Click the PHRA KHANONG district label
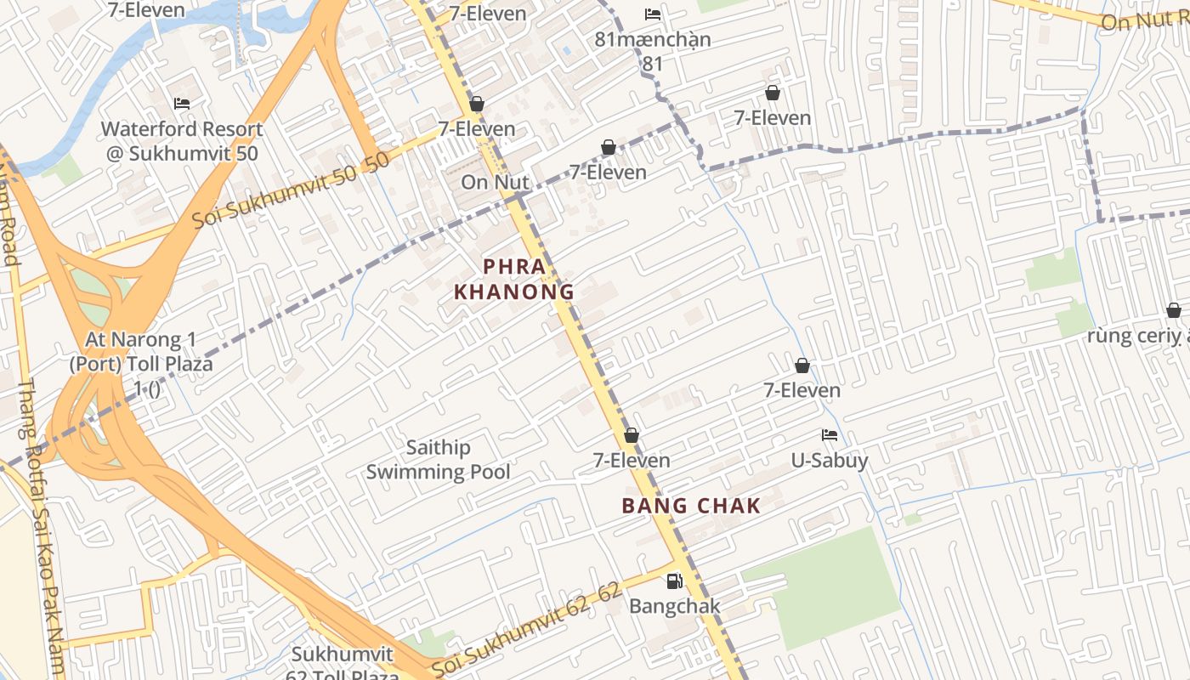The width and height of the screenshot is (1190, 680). pos(514,279)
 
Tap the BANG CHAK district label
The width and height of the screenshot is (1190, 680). pos(691,506)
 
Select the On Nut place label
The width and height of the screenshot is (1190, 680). pos(495,182)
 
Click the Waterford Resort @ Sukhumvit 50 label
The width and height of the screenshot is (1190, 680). pos(182,141)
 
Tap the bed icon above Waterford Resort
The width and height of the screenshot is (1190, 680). pos(182,104)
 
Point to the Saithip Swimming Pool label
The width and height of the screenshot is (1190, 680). pos(439,459)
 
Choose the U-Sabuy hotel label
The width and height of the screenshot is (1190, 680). pos(830,460)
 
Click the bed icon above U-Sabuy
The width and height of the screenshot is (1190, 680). pos(830,435)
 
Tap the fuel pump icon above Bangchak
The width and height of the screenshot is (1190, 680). pos(674,581)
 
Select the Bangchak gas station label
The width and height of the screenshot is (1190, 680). pos(674,606)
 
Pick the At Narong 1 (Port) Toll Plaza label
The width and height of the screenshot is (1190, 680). pos(140,363)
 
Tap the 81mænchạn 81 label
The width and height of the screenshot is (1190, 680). pos(653,51)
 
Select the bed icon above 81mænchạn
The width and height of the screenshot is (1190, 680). pos(653,14)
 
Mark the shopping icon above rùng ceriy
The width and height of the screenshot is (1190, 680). pos(1174,311)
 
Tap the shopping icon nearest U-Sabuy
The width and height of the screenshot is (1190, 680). pos(802,366)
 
